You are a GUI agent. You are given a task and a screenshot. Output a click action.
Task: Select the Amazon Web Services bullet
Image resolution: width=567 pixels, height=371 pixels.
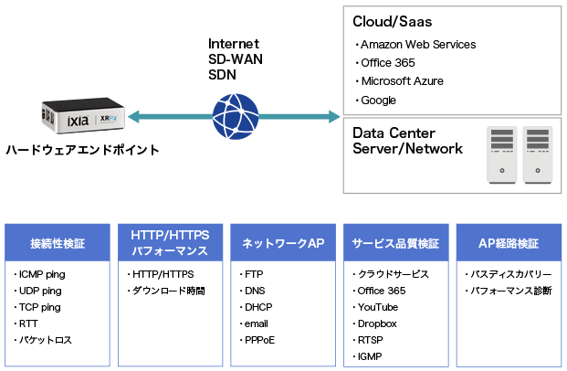click(417, 45)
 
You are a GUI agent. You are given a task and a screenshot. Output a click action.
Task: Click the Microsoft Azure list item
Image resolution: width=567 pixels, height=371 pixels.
click(401, 81)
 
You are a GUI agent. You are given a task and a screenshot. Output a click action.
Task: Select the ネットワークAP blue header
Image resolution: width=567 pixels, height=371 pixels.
click(283, 244)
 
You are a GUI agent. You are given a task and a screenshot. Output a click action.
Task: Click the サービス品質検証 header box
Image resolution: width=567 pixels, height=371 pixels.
click(396, 244)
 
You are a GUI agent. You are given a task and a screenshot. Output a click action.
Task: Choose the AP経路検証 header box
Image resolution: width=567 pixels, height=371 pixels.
click(509, 244)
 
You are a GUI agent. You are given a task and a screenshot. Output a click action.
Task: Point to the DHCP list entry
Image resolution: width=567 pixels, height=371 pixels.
click(257, 307)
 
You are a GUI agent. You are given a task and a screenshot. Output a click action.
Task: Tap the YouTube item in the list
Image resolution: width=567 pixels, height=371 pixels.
click(377, 307)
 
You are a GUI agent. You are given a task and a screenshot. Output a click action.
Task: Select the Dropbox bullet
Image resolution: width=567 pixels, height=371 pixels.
click(377, 323)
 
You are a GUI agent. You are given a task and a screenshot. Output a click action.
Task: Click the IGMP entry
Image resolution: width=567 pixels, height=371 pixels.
click(371, 356)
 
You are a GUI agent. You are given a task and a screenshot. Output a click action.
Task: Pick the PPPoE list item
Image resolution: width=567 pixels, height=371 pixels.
click(259, 340)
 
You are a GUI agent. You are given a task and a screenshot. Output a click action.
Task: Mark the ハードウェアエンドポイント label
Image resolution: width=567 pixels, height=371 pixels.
click(82, 150)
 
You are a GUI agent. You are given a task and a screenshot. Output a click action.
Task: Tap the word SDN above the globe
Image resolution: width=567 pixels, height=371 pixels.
click(223, 75)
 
